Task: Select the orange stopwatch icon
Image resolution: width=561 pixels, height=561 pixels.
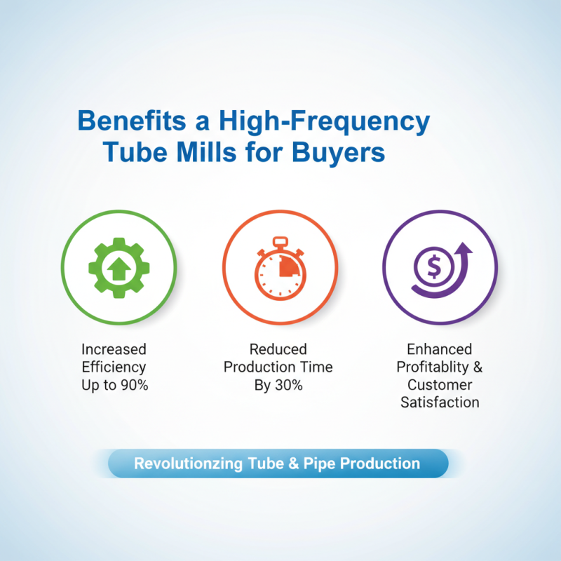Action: [x=280, y=270]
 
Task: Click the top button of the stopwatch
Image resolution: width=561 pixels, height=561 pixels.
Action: [x=280, y=241]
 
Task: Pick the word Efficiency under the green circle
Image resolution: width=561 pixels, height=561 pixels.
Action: [x=114, y=367]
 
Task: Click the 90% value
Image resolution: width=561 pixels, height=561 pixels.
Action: [x=133, y=385]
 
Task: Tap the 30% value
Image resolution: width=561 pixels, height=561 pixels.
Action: [x=290, y=385]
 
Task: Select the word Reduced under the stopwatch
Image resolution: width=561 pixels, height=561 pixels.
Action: [x=279, y=349]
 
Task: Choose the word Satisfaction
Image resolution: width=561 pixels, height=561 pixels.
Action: [x=440, y=403]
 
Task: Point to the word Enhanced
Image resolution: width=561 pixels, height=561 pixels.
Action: [x=440, y=349]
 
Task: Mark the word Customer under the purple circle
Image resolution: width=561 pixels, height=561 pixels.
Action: [x=440, y=385]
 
